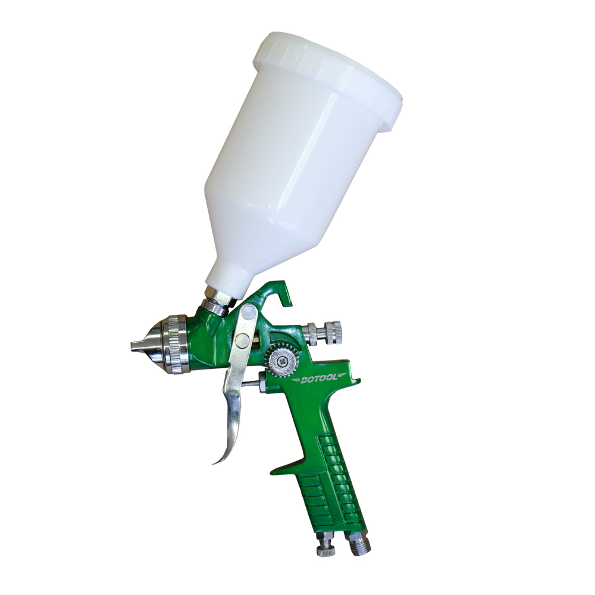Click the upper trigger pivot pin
248,313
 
